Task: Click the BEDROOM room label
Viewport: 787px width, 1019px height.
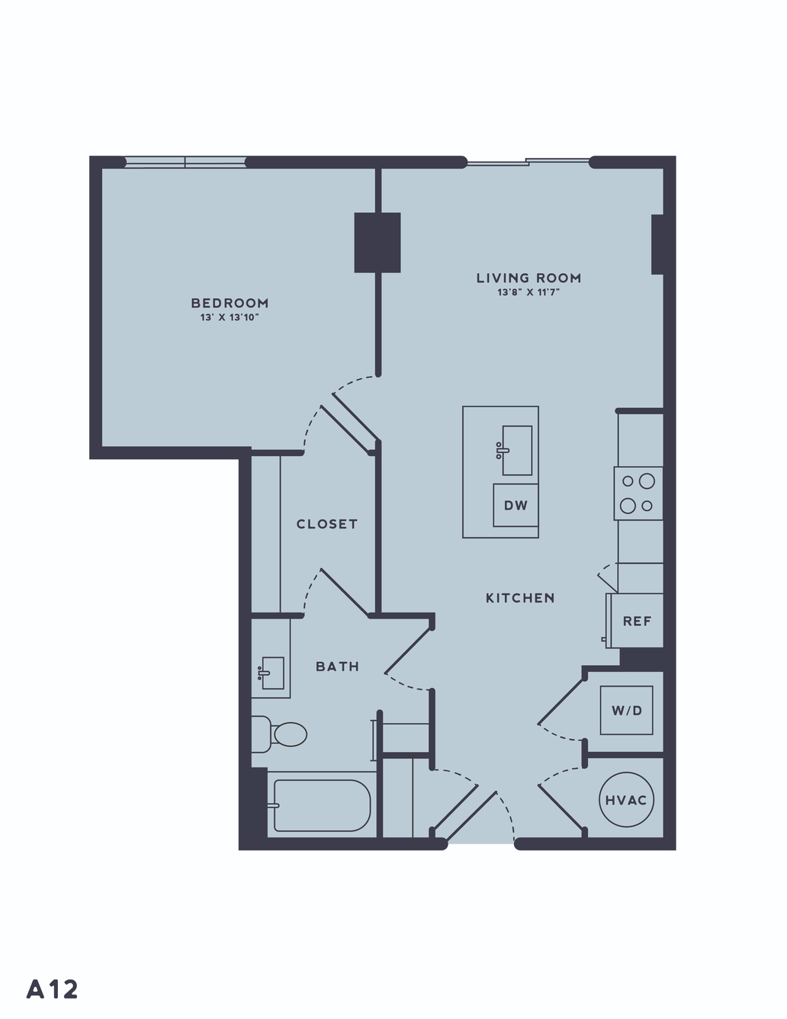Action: click(x=230, y=303)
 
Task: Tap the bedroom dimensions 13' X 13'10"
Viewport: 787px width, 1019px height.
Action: click(x=230, y=317)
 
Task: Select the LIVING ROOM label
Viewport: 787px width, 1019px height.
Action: click(x=528, y=278)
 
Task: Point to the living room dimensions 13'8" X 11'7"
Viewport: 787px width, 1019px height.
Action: click(x=528, y=293)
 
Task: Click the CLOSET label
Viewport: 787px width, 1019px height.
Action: click(x=326, y=524)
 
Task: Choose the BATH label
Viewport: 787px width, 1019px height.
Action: click(x=338, y=667)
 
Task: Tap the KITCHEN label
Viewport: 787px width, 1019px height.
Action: click(x=520, y=598)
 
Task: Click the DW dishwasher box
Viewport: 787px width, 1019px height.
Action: click(x=516, y=505)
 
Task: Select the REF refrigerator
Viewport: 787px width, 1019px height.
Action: click(x=635, y=621)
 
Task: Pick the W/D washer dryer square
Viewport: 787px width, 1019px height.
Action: click(x=627, y=710)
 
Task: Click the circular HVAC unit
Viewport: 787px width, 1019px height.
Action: click(x=626, y=799)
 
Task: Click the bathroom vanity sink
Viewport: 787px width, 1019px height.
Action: click(x=271, y=673)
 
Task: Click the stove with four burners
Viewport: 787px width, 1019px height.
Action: click(x=638, y=493)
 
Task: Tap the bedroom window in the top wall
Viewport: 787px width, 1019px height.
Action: click(x=185, y=162)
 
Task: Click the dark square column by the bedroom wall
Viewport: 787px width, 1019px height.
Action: click(x=377, y=243)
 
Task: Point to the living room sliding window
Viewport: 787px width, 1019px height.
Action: click(x=528, y=162)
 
